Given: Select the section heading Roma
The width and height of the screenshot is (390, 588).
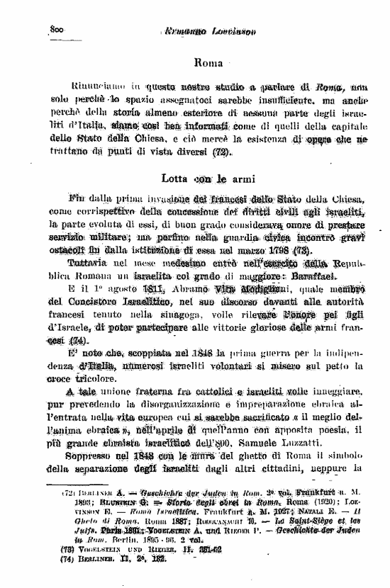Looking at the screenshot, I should [x=208, y=63].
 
